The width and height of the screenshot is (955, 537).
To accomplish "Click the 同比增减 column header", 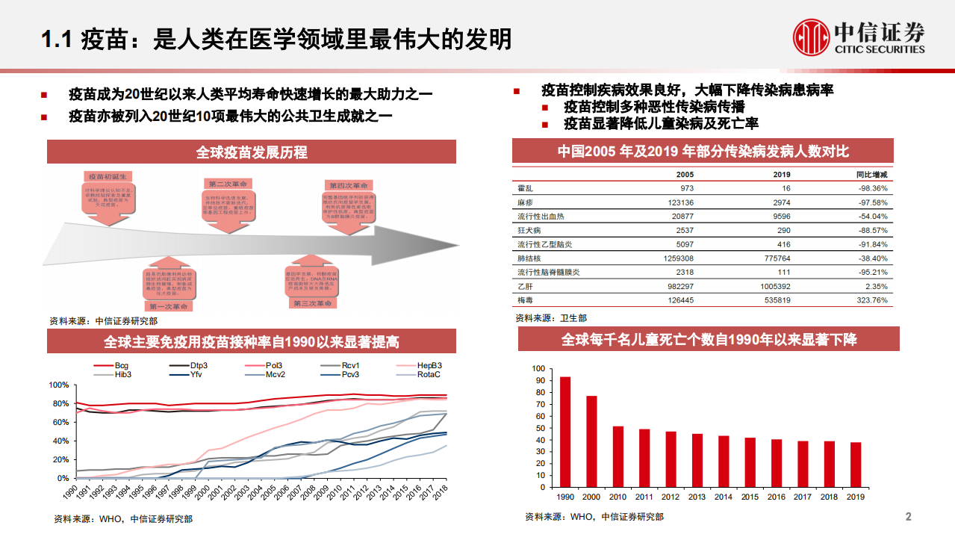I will point(871,174).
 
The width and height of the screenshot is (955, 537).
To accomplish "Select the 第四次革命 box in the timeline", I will point(348,185).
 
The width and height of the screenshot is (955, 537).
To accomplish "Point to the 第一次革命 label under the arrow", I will point(169,306).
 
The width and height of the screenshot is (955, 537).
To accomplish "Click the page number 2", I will point(908,517).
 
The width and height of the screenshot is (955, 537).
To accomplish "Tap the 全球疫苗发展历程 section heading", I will point(252,152).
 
